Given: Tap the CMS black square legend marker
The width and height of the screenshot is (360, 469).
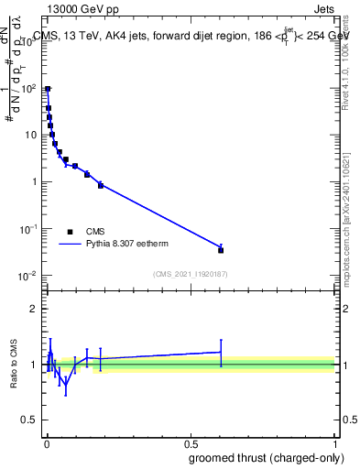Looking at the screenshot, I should pyautogui.click(x=70, y=232).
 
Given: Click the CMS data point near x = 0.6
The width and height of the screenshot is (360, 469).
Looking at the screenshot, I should pyautogui.click(x=221, y=249).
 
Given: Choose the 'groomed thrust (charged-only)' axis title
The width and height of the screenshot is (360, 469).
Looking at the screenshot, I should pyautogui.click(x=267, y=458).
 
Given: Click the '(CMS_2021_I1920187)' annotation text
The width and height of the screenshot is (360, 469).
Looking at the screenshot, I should pyautogui.click(x=190, y=274).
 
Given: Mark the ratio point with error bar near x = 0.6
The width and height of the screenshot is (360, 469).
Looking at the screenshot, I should pyautogui.click(x=221, y=352).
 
